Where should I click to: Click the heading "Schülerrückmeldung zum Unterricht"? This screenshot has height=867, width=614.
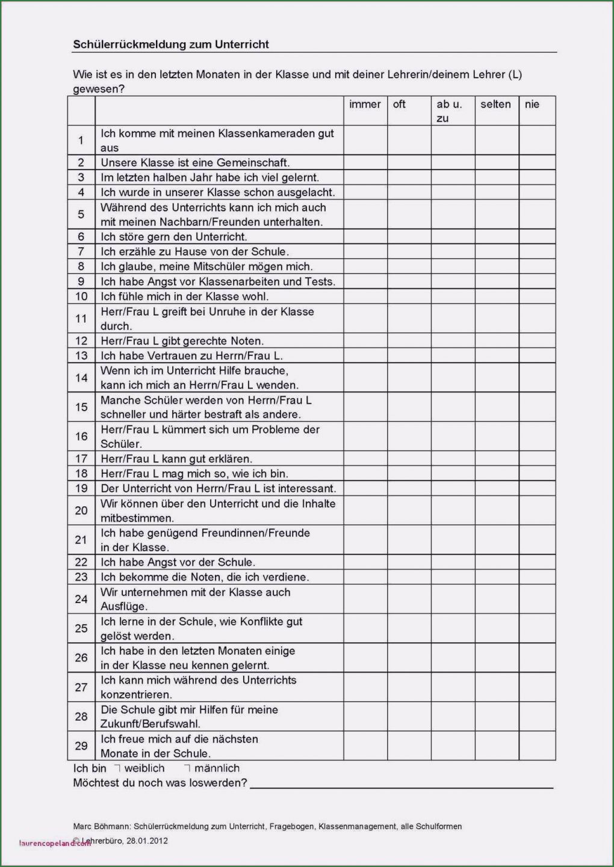(171, 44)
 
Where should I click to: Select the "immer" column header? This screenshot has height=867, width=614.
(365, 105)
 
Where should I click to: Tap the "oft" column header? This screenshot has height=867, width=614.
(399, 105)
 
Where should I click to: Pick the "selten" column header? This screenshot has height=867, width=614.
(495, 105)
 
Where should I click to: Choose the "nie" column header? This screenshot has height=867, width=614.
(532, 105)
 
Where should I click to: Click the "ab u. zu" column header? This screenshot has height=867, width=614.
(449, 111)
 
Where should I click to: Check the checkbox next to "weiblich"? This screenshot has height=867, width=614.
(118, 768)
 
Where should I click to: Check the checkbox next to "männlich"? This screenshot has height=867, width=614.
(187, 768)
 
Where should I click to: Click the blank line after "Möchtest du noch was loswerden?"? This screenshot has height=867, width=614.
(401, 784)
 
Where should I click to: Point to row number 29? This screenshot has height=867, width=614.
(81, 746)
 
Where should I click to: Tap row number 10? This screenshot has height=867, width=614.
(81, 296)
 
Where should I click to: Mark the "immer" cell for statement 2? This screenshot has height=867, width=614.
(365, 163)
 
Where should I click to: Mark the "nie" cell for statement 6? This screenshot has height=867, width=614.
(537, 237)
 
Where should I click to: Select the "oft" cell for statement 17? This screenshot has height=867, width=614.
(409, 459)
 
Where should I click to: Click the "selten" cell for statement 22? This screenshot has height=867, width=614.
(497, 562)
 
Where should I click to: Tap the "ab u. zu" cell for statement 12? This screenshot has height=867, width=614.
(453, 341)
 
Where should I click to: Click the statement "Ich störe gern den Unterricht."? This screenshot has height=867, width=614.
(174, 237)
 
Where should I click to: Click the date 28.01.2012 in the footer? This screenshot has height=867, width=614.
(147, 841)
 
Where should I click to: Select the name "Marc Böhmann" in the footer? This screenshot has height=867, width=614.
(101, 827)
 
